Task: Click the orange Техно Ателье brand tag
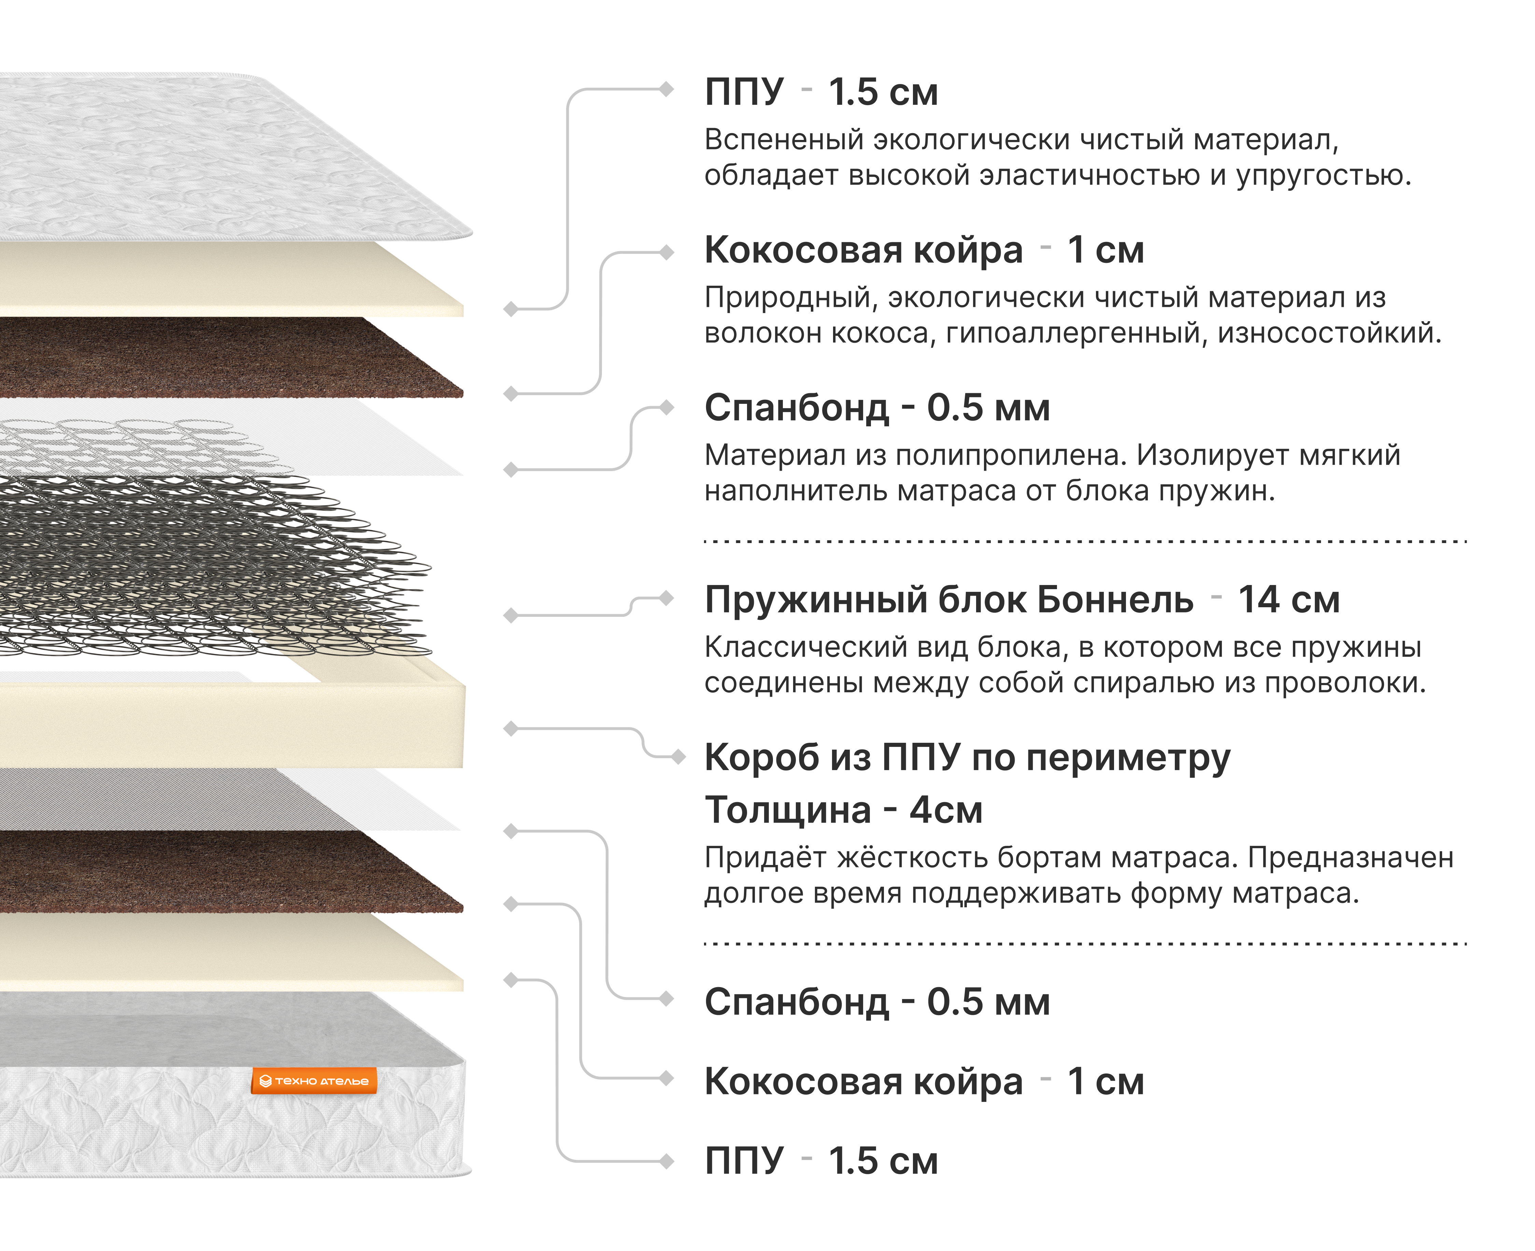[x=314, y=1081]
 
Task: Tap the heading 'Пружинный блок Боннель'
[x=948, y=599]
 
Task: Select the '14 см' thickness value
[x=1288, y=599]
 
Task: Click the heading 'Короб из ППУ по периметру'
[x=967, y=758]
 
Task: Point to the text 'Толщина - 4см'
[x=843, y=810]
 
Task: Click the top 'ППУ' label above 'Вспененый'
[x=744, y=92]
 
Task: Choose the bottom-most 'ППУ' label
[x=744, y=1161]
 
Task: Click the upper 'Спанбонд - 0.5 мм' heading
[x=876, y=408]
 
